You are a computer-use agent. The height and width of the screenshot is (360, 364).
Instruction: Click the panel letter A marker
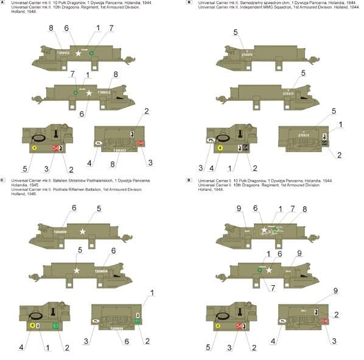pyautogui.click(x=3, y=3)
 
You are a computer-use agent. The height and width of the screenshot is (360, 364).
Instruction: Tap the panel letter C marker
pyautogui.click(x=3, y=181)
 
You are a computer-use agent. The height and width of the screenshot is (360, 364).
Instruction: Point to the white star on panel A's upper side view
pyautogui.click(x=77, y=54)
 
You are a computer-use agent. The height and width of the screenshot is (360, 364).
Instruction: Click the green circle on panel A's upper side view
pyautogui.click(x=91, y=54)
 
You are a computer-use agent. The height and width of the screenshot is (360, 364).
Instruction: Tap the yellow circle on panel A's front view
pyautogui.click(x=35, y=148)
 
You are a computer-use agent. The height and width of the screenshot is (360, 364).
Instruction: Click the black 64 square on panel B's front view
pyautogui.click(x=245, y=148)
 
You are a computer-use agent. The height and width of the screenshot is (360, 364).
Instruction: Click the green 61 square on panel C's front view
pyautogui.click(x=55, y=325)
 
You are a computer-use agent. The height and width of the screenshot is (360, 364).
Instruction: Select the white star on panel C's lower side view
pyautogui.click(x=77, y=270)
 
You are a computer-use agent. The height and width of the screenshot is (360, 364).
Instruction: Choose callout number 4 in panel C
pyautogui.click(x=21, y=347)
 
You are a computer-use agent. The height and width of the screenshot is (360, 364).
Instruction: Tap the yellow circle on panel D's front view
pyautogui.click(x=218, y=325)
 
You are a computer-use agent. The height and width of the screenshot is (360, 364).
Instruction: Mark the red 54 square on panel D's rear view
pyautogui.click(x=324, y=320)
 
